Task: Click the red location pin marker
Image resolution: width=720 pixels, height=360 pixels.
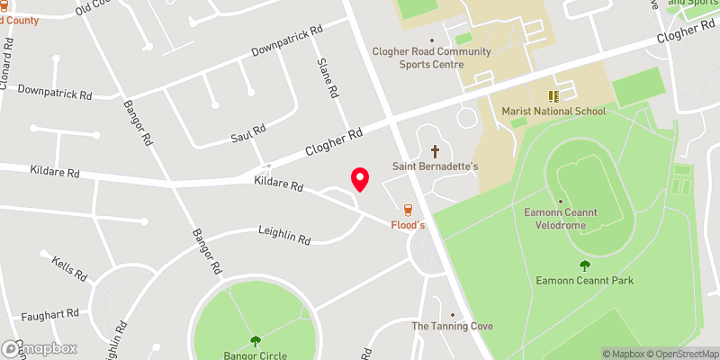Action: (x=360, y=178)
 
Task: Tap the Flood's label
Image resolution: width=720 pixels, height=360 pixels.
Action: (x=407, y=225)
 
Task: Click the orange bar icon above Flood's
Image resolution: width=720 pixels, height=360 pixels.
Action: (x=408, y=209)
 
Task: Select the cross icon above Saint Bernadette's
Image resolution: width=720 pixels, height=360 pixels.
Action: (x=436, y=151)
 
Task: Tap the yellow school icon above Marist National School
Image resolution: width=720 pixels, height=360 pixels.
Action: (x=554, y=94)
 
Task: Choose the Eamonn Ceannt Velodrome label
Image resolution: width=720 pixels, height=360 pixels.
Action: (x=561, y=218)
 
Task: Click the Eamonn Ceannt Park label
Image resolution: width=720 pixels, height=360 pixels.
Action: (x=585, y=280)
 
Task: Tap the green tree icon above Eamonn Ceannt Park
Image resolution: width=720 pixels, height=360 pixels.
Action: (x=585, y=265)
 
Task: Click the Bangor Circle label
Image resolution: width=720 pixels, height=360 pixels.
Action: (x=256, y=355)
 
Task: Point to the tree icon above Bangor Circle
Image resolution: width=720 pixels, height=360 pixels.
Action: (x=256, y=340)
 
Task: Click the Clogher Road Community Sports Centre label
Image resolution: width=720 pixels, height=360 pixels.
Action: (x=432, y=58)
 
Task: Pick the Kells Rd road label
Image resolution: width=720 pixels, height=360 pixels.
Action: (x=68, y=270)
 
